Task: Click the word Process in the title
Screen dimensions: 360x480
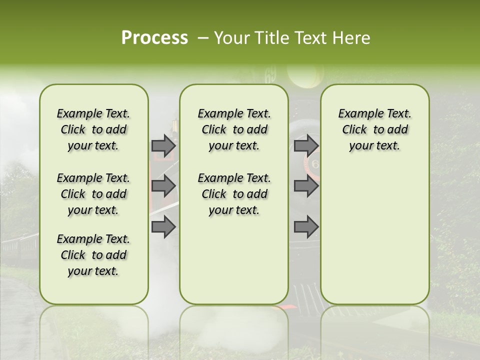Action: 154,38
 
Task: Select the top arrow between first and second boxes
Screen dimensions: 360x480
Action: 163,146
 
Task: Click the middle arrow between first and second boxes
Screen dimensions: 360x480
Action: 163,186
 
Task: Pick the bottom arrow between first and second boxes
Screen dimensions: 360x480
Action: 163,226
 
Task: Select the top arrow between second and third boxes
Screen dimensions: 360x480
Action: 306,146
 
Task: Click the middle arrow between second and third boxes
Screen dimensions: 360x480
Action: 306,186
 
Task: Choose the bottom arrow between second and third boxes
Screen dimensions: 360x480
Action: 306,226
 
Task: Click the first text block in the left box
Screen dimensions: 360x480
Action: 93,129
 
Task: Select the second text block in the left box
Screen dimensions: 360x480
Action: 93,194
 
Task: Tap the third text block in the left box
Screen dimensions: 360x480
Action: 93,255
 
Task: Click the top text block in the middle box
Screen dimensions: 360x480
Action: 234,129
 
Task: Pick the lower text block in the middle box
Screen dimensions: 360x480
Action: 234,194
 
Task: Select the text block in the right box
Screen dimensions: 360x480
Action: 374,129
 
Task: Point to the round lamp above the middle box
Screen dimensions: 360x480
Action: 304,75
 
